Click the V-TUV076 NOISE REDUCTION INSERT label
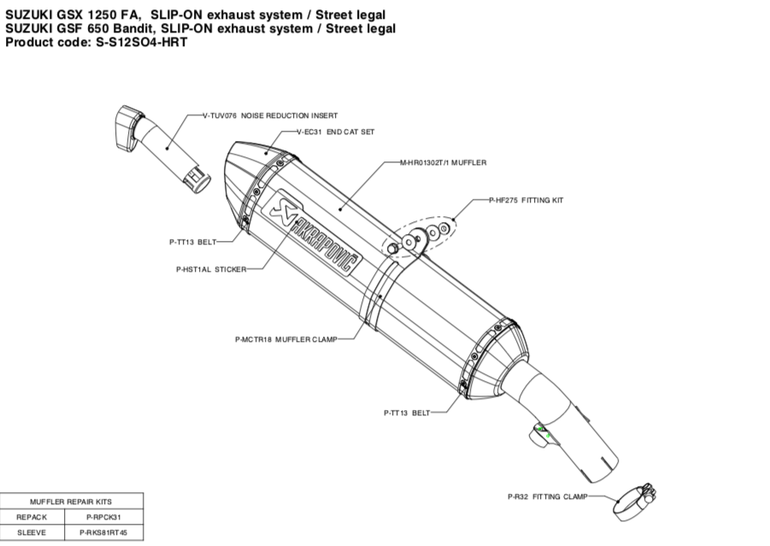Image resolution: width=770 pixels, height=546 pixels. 270,114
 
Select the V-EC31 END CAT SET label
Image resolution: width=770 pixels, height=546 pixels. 335,132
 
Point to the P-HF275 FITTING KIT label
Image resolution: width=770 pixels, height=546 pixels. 526,200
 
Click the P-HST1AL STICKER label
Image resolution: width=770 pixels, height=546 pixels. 210,269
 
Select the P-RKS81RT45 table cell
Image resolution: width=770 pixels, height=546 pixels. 103,532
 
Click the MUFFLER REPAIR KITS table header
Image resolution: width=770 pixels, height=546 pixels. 71,502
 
